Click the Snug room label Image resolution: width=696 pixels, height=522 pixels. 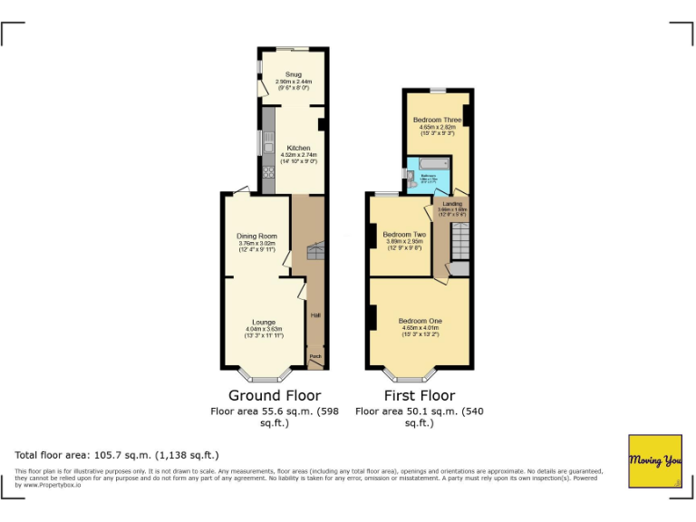[x=293, y=74]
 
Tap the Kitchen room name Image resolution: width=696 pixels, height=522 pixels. [x=298, y=148]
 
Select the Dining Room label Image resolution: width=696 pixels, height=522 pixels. [x=256, y=237]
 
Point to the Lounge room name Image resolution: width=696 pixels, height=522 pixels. [x=264, y=322]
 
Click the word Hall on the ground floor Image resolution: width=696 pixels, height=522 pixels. [x=315, y=315]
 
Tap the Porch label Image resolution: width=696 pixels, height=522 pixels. [x=315, y=357]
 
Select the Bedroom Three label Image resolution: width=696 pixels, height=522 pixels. [x=437, y=120]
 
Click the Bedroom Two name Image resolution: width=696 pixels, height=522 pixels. [x=403, y=234]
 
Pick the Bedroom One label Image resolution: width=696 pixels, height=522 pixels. [x=419, y=322]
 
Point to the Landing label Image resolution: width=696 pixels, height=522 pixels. [x=451, y=204]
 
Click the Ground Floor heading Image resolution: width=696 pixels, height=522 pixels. [x=274, y=395]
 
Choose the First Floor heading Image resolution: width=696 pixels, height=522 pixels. [x=419, y=395]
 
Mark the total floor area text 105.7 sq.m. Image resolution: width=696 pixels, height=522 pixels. [x=117, y=455]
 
